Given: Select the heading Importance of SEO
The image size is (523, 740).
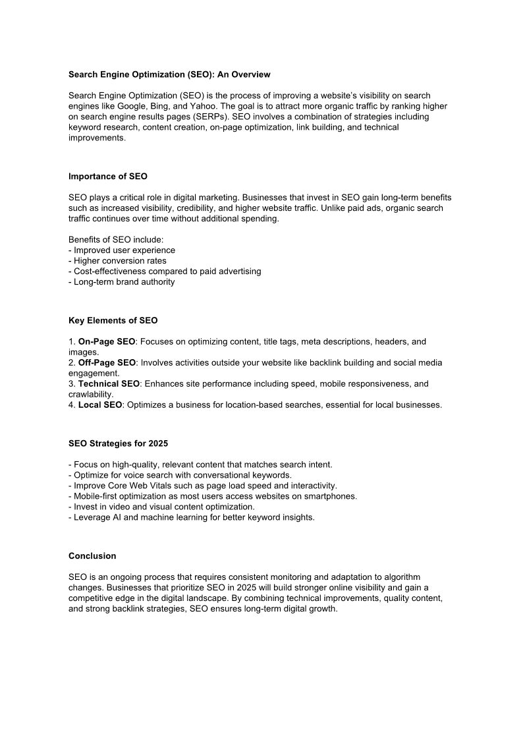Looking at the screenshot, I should tap(108, 177).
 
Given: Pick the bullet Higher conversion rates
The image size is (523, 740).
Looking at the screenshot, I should tap(120, 261).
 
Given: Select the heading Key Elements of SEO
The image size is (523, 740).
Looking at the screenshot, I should tap(113, 321).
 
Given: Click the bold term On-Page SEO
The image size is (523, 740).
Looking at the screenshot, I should tap(107, 342).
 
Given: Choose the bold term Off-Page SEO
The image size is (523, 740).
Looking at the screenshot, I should tap(107, 363).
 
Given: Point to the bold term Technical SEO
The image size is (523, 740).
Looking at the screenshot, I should tap(109, 384).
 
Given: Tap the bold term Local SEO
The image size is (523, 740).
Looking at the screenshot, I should tap(100, 405).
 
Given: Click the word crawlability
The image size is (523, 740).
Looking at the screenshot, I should tap(90, 395).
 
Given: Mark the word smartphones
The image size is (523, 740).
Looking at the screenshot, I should tap(333, 496).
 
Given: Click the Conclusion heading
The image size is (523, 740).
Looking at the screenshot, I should tap(92, 556).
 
